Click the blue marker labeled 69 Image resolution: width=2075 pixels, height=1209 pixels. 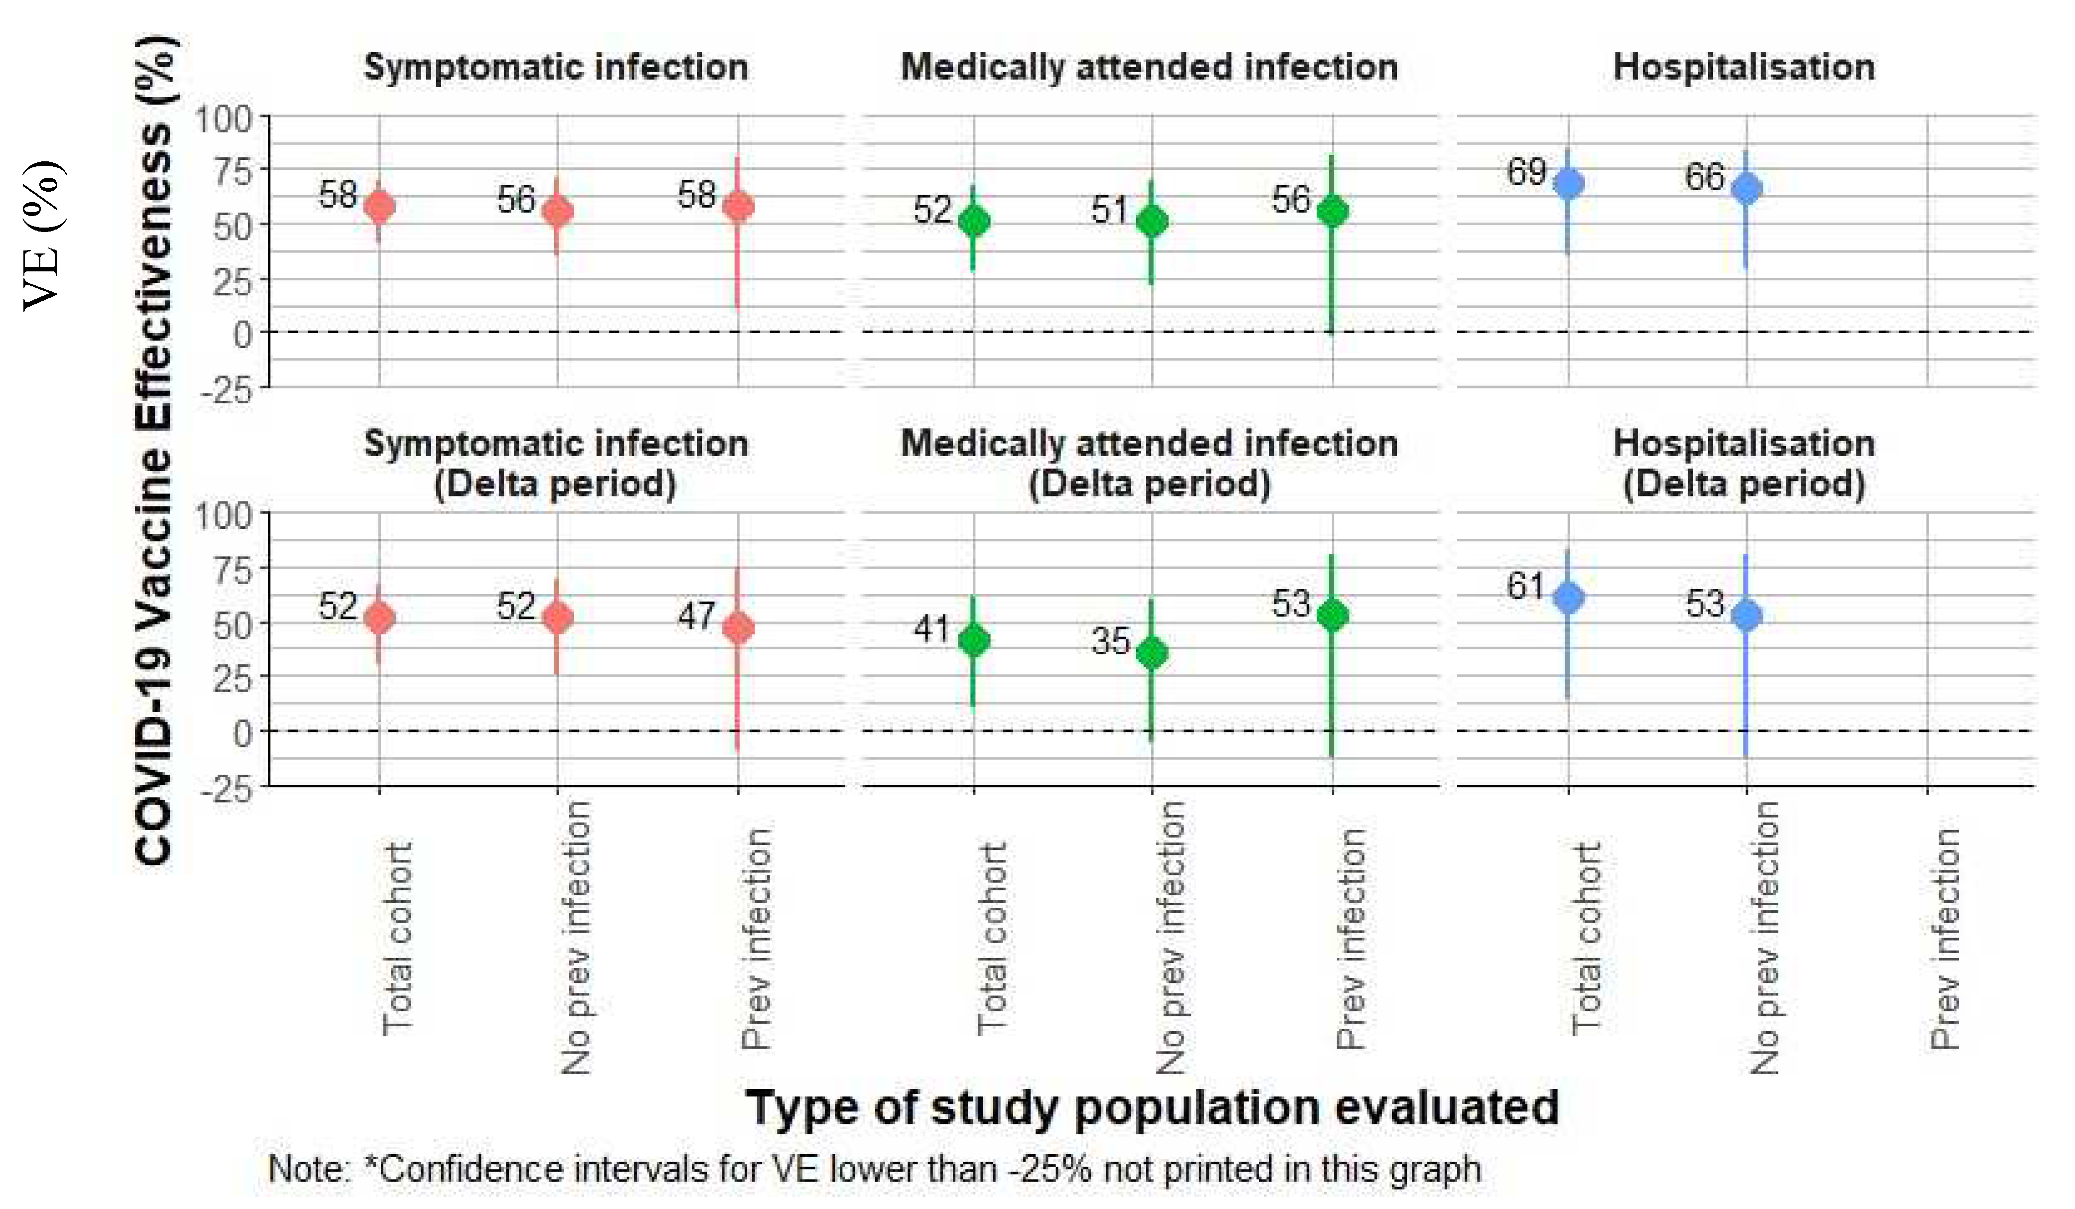[x=1569, y=183]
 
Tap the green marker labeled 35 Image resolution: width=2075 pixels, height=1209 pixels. [x=1152, y=653]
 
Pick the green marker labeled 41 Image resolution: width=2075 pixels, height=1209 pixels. [x=974, y=640]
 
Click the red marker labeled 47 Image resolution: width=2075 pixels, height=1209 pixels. [x=738, y=627]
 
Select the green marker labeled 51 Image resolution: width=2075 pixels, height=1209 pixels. [x=1152, y=222]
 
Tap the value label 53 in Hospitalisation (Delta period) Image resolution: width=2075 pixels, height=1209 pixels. [x=1704, y=604]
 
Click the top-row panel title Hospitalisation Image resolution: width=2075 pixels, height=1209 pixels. [x=1744, y=67]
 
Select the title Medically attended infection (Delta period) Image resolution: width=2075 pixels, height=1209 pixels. [x=1150, y=464]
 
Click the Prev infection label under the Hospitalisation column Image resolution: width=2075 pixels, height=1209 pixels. [x=1944, y=939]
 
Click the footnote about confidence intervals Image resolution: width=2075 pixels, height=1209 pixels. [x=875, y=1170]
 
